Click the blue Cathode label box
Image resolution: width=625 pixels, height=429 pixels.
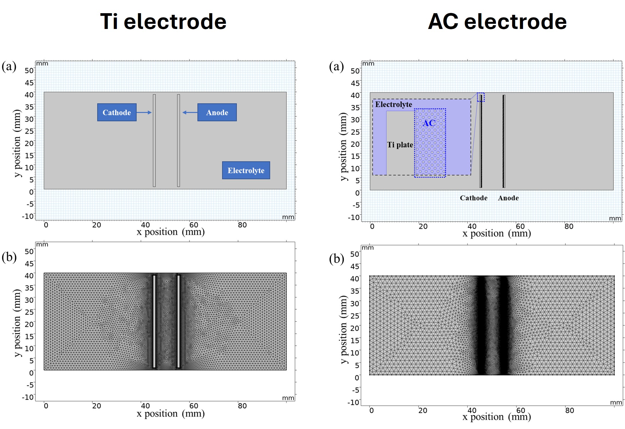pos(117,112)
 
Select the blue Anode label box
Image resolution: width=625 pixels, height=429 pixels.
pos(217,112)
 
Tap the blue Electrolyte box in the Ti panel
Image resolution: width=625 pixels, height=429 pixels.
pos(246,170)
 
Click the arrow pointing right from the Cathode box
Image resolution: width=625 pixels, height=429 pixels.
pos(144,112)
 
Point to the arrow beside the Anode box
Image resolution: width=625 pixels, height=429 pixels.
pos(190,112)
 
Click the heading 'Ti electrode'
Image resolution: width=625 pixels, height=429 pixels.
pos(163,22)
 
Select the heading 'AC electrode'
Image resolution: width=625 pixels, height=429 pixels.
pos(497,22)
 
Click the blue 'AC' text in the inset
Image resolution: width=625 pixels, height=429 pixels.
pos(429,123)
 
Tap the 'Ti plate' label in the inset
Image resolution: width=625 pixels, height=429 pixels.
pos(400,145)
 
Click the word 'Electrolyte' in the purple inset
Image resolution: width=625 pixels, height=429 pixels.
pos(394,104)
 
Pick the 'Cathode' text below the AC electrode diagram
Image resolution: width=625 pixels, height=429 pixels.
pos(473,198)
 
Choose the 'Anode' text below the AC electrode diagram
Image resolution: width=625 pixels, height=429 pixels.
pos(508,198)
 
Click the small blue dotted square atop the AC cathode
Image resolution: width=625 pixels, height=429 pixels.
pos(481,97)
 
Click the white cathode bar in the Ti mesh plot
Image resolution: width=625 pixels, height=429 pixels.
pos(154,321)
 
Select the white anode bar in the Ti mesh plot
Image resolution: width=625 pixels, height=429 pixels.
pos(178,321)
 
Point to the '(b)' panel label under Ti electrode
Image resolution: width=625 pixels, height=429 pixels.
pos(9,257)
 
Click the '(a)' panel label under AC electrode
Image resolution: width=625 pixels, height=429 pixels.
pos(336,67)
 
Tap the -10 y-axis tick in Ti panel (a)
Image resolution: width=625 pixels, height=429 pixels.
pos(28,216)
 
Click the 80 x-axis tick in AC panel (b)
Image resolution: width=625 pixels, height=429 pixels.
pos(569,410)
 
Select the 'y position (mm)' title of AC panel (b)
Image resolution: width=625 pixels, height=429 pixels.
pos(343,330)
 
